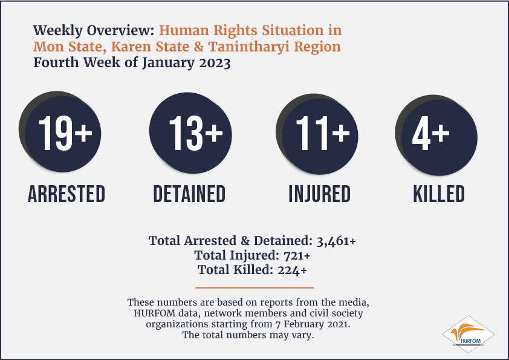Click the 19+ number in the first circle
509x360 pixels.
(65, 133)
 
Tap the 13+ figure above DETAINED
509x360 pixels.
(196, 133)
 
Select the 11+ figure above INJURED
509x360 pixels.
(323, 133)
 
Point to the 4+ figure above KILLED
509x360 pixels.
(431, 133)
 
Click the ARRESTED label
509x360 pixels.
(66, 194)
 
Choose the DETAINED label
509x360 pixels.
(189, 194)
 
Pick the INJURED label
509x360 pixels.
(320, 194)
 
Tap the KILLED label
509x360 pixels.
(439, 194)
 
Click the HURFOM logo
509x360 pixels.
(468, 334)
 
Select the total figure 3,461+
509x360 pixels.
(336, 241)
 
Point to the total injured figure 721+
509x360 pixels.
(297, 256)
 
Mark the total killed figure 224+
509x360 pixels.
(292, 270)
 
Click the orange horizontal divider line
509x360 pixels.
(254, 287)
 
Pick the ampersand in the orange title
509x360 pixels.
(199, 47)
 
